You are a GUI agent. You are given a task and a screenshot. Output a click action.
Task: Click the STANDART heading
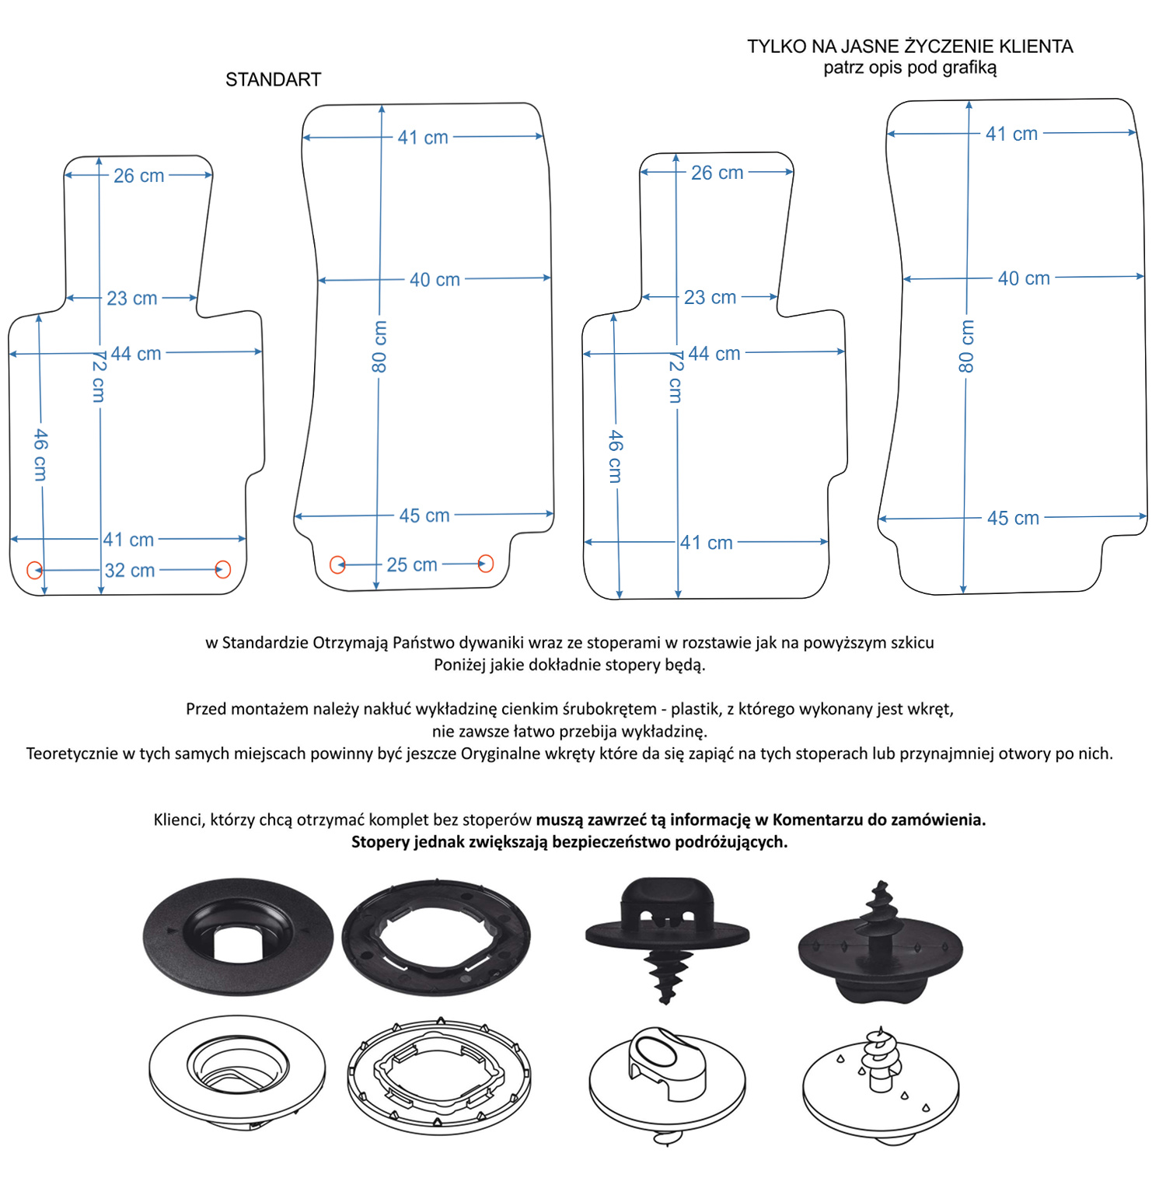273,79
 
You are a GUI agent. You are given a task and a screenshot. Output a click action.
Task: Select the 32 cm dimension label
130,570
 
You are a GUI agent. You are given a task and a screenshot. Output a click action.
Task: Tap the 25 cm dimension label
412,565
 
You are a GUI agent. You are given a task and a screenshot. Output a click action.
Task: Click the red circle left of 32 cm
34,570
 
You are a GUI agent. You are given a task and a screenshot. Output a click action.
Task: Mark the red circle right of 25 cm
486,564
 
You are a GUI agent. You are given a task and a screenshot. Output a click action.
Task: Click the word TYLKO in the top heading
777,47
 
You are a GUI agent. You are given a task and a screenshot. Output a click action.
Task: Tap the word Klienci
180,820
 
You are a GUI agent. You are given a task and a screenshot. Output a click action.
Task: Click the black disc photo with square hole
238,937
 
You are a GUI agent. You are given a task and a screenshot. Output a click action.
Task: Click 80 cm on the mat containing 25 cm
379,347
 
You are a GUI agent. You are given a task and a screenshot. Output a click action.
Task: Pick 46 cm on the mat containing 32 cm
40,455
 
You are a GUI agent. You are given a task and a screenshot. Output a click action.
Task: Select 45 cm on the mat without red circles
1013,518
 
